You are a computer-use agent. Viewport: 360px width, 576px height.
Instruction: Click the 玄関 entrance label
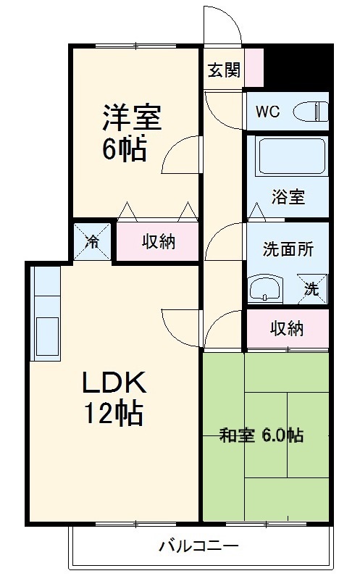[x=224, y=70]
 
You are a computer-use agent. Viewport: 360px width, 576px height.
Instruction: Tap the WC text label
[x=268, y=112]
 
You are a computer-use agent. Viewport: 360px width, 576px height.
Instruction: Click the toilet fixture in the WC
[x=311, y=112]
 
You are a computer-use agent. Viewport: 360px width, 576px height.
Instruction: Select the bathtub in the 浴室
[x=293, y=156]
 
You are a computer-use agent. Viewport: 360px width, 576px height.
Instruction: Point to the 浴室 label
[x=288, y=196]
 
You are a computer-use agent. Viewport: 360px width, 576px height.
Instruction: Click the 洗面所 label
[x=288, y=249]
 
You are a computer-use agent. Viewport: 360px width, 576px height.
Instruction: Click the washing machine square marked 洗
[x=312, y=289]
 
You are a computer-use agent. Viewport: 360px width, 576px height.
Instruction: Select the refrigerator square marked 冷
[x=92, y=242]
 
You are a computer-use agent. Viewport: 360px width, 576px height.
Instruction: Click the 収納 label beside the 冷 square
[x=159, y=241]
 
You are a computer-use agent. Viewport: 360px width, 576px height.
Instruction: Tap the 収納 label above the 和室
[x=287, y=328]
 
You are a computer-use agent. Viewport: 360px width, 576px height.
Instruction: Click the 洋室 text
[x=132, y=117]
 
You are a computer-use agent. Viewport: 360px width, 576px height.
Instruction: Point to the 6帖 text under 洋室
[x=125, y=149]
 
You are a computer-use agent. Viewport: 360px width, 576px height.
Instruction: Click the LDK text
[x=114, y=383]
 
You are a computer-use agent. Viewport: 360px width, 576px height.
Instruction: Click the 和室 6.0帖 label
[x=261, y=435]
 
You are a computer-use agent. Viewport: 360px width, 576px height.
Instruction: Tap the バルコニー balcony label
[x=198, y=546]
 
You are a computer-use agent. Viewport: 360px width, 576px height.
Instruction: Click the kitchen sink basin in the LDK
[x=47, y=336]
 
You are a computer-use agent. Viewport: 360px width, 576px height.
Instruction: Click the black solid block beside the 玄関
[x=298, y=67]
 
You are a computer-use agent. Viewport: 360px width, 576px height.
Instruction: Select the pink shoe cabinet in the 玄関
[x=254, y=67]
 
